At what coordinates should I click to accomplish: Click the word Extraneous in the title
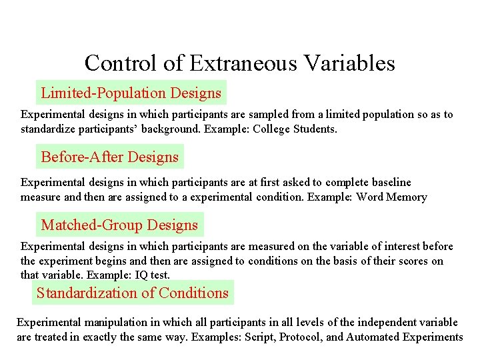click(x=239, y=63)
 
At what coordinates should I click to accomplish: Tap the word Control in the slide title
click(x=119, y=63)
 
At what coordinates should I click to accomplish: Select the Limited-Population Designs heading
click(x=131, y=93)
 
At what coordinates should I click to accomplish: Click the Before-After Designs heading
click(x=110, y=157)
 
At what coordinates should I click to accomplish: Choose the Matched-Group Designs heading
click(x=119, y=225)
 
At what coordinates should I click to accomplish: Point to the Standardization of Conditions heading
click(x=132, y=293)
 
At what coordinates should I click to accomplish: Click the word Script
click(x=258, y=337)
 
